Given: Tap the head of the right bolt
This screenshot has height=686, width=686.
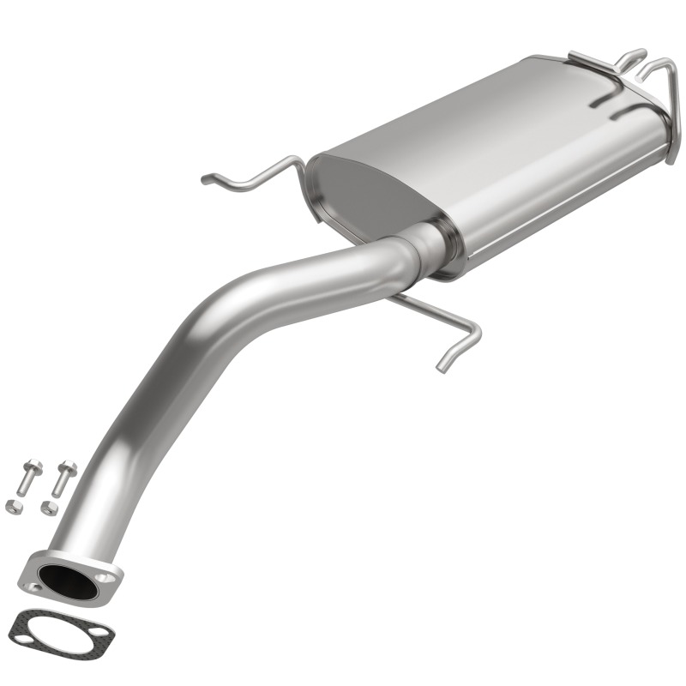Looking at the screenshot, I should tap(68, 468).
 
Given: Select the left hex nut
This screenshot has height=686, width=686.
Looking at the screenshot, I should tap(15, 508).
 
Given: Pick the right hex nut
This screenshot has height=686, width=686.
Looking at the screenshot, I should tap(50, 508).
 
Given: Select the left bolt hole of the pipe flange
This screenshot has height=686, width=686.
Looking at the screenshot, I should tap(35, 587).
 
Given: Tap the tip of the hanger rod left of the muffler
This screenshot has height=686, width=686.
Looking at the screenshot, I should tap(207, 179).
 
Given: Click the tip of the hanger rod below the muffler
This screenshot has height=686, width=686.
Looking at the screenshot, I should tap(442, 367).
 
